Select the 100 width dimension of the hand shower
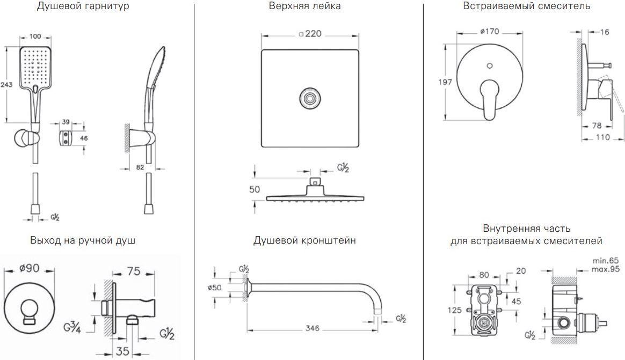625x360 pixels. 36,36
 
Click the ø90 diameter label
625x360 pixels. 29,269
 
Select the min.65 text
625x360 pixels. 606,260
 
